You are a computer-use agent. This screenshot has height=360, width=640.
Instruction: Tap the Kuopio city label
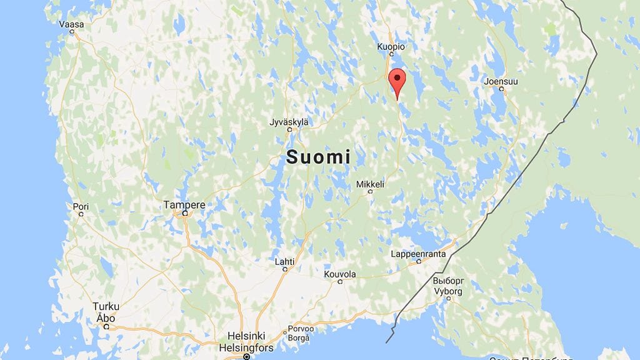(x=391, y=47)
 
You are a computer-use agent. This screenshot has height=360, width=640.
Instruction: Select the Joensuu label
(x=501, y=81)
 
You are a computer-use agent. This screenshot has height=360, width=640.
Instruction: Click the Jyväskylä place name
(x=288, y=122)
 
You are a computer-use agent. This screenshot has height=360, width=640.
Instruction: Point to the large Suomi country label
(x=318, y=157)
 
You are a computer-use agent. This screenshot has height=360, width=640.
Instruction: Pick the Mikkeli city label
(x=370, y=184)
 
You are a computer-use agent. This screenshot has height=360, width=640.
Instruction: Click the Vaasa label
(x=71, y=24)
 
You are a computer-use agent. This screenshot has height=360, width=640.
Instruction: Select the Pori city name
(x=81, y=206)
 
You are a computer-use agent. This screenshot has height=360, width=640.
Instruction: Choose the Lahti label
(x=284, y=261)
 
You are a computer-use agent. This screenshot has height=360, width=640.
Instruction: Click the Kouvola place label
(x=340, y=274)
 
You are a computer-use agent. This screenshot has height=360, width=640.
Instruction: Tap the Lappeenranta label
(x=418, y=254)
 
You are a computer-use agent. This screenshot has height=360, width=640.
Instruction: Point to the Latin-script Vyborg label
(x=448, y=291)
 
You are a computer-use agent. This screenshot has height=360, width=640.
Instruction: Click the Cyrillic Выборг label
(x=448, y=281)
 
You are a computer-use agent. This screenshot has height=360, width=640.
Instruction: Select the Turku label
(x=106, y=306)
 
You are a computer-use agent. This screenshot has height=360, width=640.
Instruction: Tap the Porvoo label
(x=299, y=331)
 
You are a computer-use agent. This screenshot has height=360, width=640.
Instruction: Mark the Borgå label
(x=298, y=338)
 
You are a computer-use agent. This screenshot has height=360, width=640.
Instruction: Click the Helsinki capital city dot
(x=246, y=357)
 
